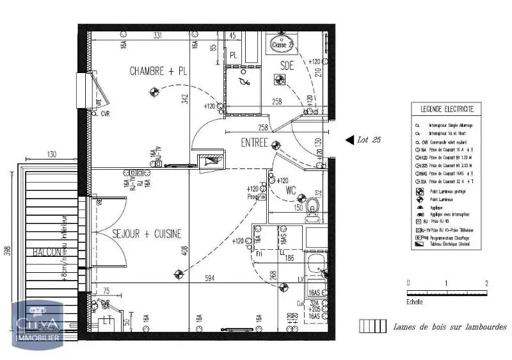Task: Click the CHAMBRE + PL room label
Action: [x=158, y=71]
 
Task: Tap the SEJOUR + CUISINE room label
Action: [x=147, y=234]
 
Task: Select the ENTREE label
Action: [x=254, y=142]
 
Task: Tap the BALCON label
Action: [x=48, y=252]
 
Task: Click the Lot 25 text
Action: [x=369, y=140]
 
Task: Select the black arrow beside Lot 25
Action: [x=349, y=139]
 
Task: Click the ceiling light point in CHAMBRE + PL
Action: [x=154, y=92]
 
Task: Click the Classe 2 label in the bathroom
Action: [x=282, y=45]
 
